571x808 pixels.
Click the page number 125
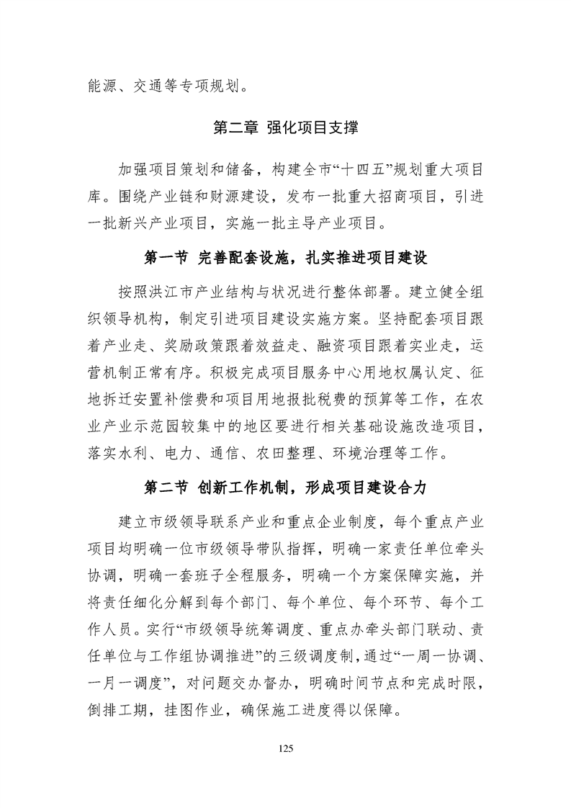[286, 748]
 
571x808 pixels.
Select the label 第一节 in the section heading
[166, 257]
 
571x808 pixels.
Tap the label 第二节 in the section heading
[166, 488]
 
